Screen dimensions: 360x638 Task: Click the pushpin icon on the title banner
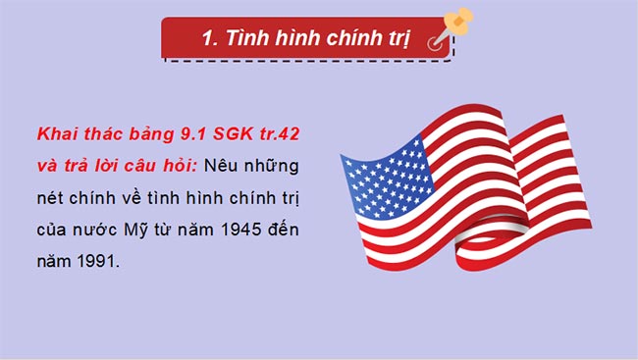point(454,26)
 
